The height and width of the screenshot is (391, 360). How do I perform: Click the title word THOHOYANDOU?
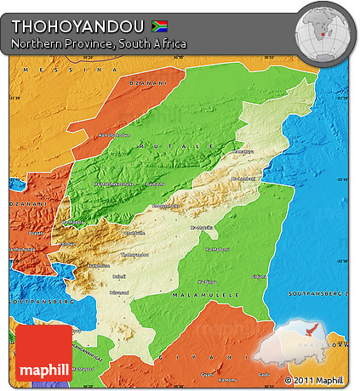[x=77, y=25]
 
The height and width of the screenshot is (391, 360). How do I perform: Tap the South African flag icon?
[x=159, y=25]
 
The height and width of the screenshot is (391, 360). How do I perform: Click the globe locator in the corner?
[x=323, y=31]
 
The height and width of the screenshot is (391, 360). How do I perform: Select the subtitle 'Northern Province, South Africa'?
[x=100, y=43]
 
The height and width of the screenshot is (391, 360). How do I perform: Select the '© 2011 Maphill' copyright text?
[x=314, y=380]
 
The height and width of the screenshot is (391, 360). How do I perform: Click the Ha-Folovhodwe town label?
[x=114, y=134]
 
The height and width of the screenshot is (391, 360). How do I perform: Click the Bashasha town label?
[x=153, y=183]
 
